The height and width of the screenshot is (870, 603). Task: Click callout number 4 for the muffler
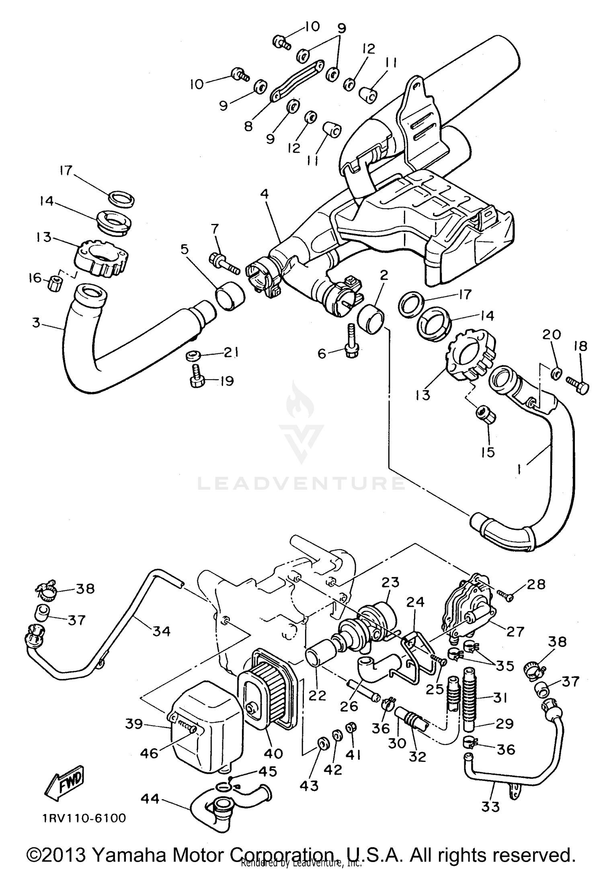[x=264, y=194]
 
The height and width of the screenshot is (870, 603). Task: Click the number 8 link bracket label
[x=248, y=127]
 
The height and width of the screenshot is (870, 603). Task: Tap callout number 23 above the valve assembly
[x=390, y=583]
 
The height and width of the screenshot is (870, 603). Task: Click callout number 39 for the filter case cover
[x=133, y=724]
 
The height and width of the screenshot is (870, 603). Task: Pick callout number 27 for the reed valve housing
[x=515, y=632]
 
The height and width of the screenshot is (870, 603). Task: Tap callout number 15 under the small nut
[x=488, y=452]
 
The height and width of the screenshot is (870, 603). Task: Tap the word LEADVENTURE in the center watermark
[x=301, y=483]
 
